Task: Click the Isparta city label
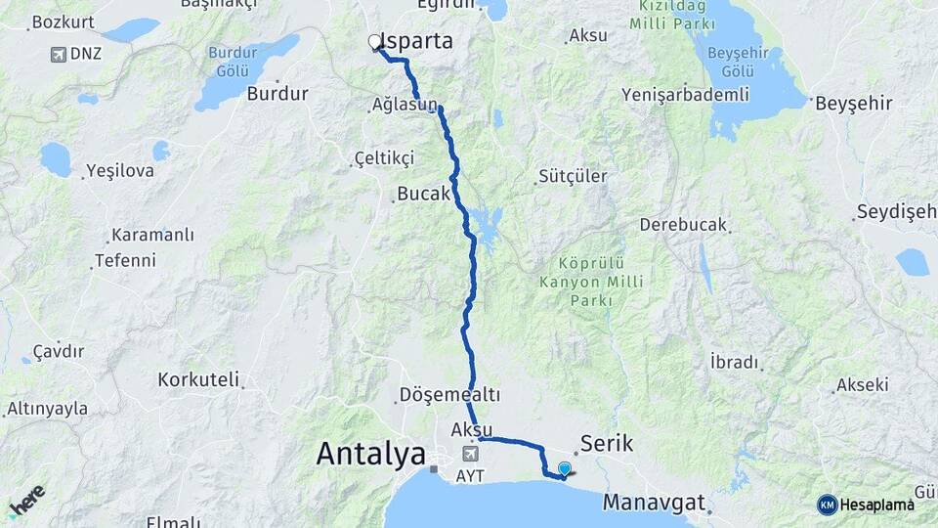click(x=418, y=41)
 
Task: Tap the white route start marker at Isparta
click(x=374, y=41)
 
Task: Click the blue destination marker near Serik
click(x=564, y=469)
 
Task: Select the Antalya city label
click(x=371, y=454)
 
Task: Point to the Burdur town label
click(x=277, y=94)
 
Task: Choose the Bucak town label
click(x=424, y=194)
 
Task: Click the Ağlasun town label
click(x=405, y=104)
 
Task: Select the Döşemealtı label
click(x=449, y=395)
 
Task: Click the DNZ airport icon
click(x=59, y=54)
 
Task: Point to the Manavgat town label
click(x=653, y=503)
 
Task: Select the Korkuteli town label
click(x=198, y=378)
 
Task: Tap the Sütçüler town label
click(x=573, y=177)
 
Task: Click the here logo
click(x=26, y=501)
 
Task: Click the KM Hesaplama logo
click(x=866, y=505)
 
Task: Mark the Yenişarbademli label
click(x=685, y=95)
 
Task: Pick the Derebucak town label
click(x=683, y=225)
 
